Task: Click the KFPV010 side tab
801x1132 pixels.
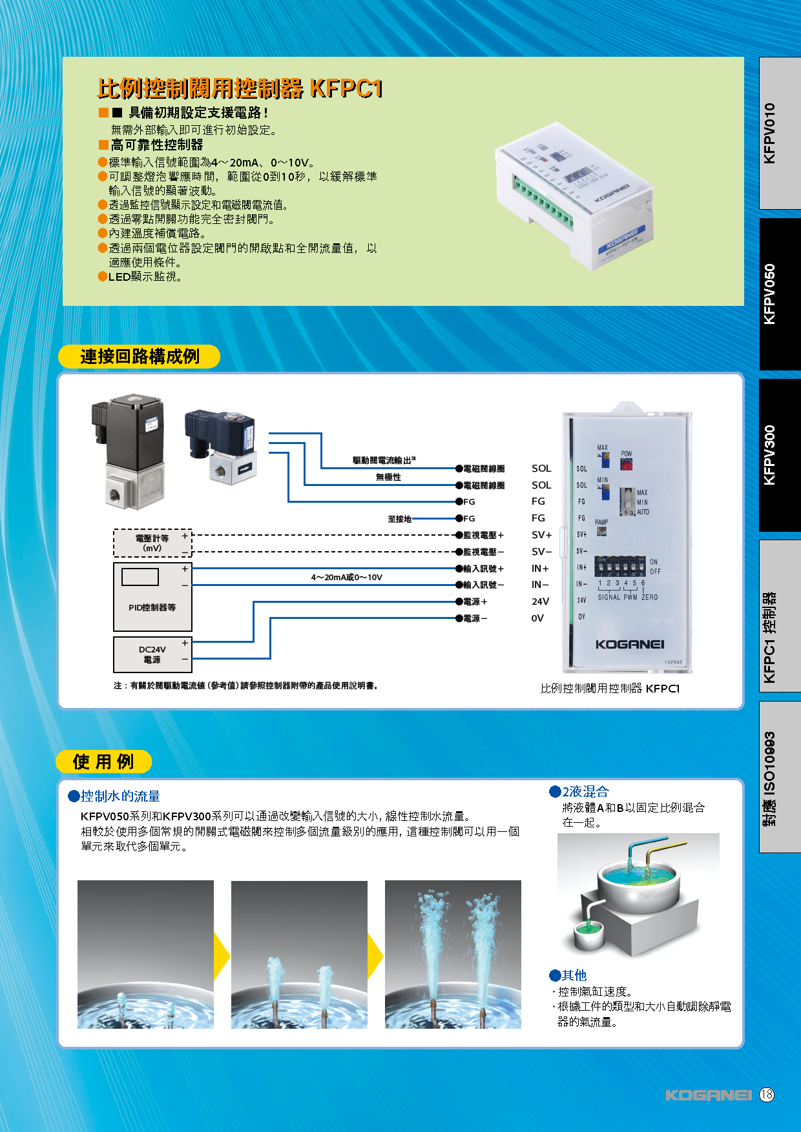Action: click(x=780, y=133)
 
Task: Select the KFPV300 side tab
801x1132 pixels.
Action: click(x=780, y=455)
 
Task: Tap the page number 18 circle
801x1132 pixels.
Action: click(x=766, y=1095)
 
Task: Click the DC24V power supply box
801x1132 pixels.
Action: click(x=152, y=654)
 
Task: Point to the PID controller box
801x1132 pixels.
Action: click(x=152, y=596)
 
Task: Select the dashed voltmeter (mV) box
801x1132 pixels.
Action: click(x=152, y=543)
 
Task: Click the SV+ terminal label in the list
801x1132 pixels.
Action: click(x=541, y=535)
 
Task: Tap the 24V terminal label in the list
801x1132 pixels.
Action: click(x=540, y=601)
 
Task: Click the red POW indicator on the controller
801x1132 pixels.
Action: click(x=626, y=464)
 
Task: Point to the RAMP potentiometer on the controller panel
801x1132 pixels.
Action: click(x=601, y=531)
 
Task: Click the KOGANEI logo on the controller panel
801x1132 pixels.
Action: click(x=629, y=644)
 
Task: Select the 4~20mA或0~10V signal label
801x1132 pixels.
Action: click(x=347, y=577)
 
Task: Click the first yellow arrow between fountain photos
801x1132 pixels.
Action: click(x=222, y=955)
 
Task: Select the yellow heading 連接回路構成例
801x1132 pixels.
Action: click(x=140, y=356)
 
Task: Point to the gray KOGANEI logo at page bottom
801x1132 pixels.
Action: click(x=708, y=1095)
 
